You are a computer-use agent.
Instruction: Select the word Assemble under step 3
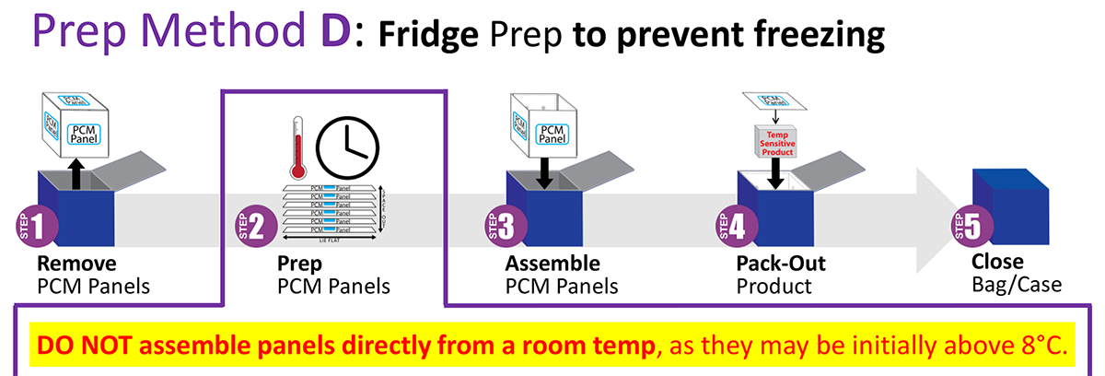tap(552, 264)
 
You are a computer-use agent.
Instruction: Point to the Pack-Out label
tap(781, 264)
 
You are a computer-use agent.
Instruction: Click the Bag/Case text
tap(1017, 286)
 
